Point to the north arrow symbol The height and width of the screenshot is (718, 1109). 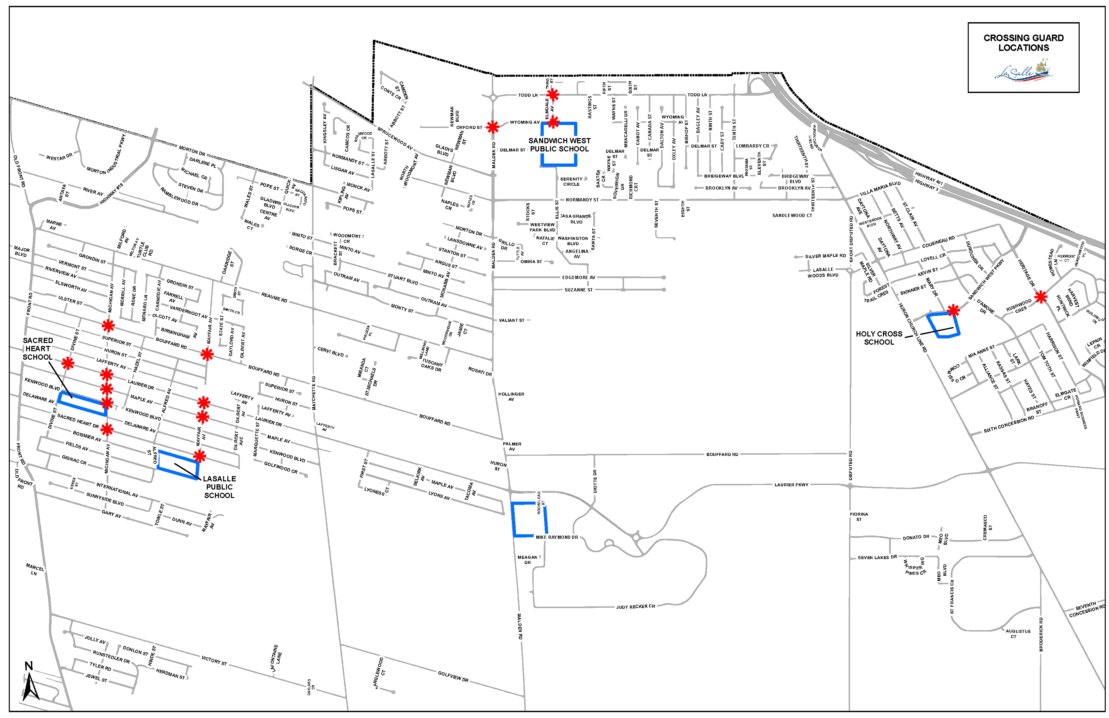[x=30, y=683]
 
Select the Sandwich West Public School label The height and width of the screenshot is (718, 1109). [x=559, y=145]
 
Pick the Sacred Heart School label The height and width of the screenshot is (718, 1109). [x=38, y=349]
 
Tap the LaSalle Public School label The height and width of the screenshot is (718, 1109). [x=219, y=487]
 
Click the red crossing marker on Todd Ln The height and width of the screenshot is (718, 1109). [x=553, y=95]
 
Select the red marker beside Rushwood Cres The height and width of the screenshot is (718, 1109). [x=1041, y=297]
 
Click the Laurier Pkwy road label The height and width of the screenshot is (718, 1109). [x=791, y=485]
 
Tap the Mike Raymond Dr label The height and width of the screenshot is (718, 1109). [x=556, y=537]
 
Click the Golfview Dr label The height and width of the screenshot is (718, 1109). [x=453, y=676]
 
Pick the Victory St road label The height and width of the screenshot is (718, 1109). [x=214, y=660]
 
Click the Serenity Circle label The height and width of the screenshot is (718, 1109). [x=571, y=181]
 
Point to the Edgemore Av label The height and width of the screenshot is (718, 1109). [x=578, y=277]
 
